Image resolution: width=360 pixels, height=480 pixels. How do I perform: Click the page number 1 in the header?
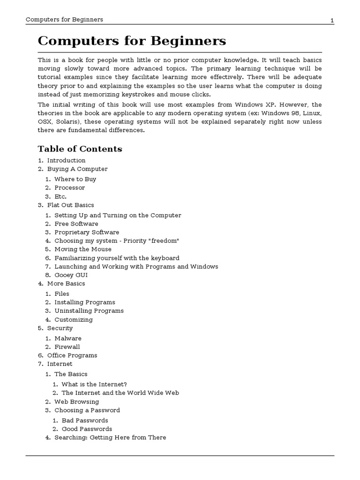tap(332, 20)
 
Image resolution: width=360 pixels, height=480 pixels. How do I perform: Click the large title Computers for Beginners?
tap(132, 41)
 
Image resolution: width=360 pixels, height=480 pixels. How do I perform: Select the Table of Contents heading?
tap(80, 149)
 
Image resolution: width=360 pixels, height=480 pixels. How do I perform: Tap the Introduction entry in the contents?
tap(66, 160)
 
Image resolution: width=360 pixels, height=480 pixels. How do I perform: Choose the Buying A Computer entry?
tap(77, 169)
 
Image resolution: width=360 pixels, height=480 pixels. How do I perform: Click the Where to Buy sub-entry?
tap(75, 179)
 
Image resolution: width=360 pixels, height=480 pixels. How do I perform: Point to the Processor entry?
tap(69, 187)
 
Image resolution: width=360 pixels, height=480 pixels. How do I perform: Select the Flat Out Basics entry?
tap(70, 205)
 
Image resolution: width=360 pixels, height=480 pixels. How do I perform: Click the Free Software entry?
tap(76, 224)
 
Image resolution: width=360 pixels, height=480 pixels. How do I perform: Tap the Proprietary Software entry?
tap(87, 232)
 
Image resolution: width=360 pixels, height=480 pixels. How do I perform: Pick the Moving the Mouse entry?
tap(83, 249)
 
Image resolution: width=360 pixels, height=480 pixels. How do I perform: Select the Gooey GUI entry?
tap(71, 275)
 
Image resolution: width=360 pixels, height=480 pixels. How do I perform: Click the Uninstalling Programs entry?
tap(89, 311)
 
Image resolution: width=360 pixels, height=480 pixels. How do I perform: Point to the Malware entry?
tap(67, 338)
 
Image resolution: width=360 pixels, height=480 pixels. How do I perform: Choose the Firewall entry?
tap(67, 347)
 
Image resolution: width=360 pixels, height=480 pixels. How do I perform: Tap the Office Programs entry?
tap(72, 355)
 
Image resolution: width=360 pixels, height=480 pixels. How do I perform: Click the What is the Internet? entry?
tap(94, 384)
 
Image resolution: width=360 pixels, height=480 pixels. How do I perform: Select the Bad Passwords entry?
tap(85, 420)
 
